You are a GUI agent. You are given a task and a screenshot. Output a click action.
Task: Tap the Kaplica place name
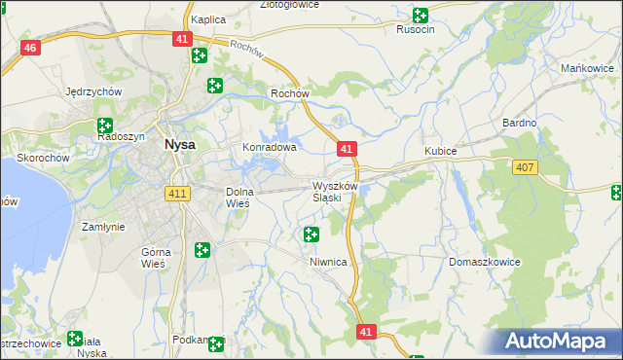[208, 19]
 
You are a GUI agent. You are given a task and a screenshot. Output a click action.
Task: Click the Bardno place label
[519, 123]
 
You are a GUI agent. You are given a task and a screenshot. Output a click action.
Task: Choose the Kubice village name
[441, 152]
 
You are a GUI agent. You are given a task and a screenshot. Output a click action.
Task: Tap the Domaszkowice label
[485, 262]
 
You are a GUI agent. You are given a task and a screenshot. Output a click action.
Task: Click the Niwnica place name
[329, 262]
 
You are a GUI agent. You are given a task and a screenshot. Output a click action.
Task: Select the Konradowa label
[269, 148]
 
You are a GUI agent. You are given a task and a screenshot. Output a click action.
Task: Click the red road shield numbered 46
[30, 49]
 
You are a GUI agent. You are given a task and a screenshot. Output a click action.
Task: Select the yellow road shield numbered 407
[525, 168]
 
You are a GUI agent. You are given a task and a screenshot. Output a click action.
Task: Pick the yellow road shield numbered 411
[177, 195]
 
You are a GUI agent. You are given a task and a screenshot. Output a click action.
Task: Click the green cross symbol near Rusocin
[420, 15]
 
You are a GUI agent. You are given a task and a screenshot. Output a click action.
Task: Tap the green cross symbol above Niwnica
[311, 234]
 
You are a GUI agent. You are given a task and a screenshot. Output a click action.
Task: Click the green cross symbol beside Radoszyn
[104, 125]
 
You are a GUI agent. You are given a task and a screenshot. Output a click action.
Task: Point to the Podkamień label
[189, 340]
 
